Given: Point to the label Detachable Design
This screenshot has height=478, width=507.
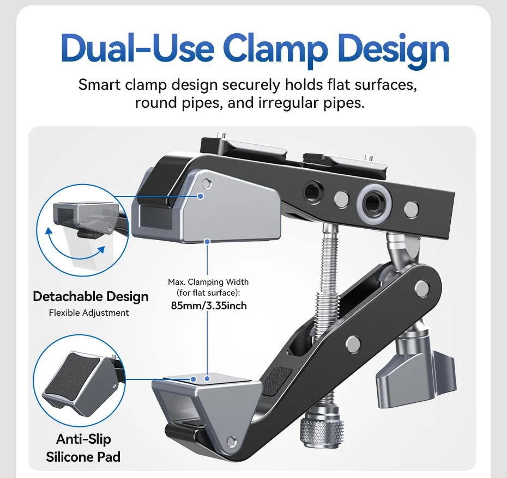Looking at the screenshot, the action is click(90, 297).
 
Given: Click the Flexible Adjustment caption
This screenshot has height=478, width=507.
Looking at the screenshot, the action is click(89, 312).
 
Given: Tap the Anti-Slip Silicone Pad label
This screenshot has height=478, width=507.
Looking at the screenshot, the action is click(83, 448).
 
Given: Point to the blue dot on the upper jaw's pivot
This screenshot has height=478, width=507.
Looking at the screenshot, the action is click(202, 195).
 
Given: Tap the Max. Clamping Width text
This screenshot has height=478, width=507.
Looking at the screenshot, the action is click(208, 282).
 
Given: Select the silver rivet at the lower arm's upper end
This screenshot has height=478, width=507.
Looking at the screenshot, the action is click(421, 287).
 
